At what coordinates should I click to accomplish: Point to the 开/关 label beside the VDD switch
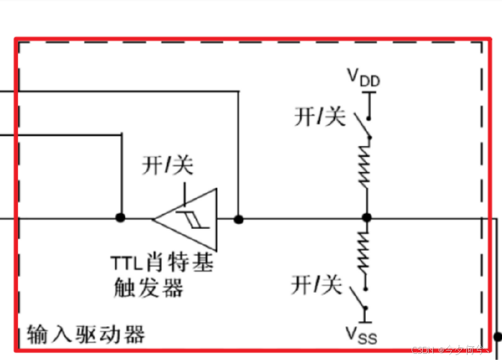pyautogui.click(x=320, y=117)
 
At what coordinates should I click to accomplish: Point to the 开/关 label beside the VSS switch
pyautogui.click(x=317, y=286)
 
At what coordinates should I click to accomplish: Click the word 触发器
pyautogui.click(x=148, y=288)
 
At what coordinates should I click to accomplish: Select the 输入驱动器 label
pyautogui.click(x=86, y=334)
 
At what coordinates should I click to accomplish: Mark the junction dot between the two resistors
pyautogui.click(x=367, y=218)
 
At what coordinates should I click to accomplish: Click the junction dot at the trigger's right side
pyautogui.click(x=238, y=219)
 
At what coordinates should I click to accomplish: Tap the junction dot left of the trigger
pyautogui.click(x=120, y=218)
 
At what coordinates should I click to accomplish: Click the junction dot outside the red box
pyautogui.click(x=498, y=337)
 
